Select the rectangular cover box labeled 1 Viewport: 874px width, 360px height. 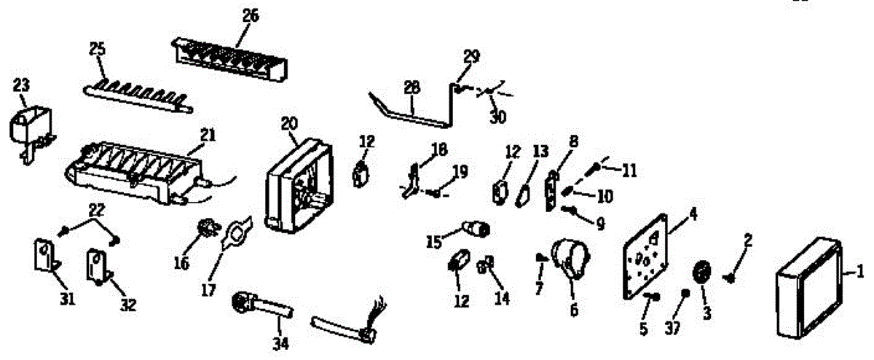pos(808,288)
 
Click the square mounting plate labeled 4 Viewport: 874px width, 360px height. pos(647,257)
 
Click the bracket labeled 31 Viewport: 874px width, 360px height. pos(45,257)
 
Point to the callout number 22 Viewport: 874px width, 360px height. pos(96,211)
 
